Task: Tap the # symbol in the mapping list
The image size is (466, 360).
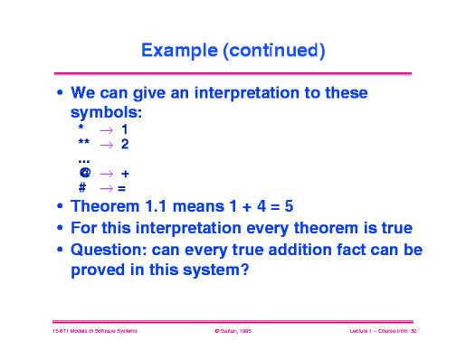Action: click(x=82, y=187)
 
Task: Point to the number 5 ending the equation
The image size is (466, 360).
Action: click(x=289, y=206)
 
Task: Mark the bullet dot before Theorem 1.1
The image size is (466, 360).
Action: click(x=60, y=207)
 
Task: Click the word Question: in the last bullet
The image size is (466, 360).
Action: click(x=108, y=250)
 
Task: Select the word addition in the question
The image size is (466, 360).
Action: click(x=305, y=250)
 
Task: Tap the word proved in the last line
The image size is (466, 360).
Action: click(x=98, y=269)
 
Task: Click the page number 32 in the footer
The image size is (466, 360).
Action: click(x=412, y=333)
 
